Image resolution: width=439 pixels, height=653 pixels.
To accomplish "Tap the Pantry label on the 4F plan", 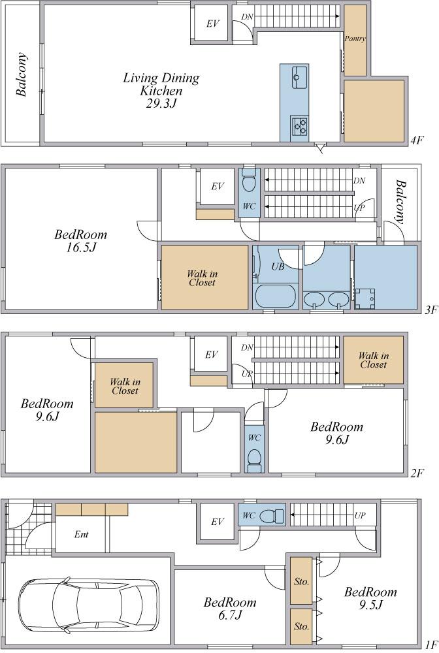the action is [355, 39].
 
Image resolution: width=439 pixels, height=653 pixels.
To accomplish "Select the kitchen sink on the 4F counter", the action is [299, 77].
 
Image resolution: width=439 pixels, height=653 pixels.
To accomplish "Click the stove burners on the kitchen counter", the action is [299, 126].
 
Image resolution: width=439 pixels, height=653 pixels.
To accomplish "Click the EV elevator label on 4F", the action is [212, 24].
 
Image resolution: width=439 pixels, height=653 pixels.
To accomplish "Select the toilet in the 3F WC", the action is [249, 180].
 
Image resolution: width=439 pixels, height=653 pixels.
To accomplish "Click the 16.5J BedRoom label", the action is [81, 241].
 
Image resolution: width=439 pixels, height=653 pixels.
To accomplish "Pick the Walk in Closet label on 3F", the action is [202, 278].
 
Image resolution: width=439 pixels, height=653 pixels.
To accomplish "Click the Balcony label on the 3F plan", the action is [400, 202].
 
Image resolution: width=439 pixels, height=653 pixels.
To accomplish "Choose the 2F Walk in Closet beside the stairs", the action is [374, 360].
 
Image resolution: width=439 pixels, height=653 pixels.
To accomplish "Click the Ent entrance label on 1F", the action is [81, 534].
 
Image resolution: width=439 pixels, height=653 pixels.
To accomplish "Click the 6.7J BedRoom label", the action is [230, 609].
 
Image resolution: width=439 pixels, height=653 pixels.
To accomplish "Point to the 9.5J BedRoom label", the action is [370, 598].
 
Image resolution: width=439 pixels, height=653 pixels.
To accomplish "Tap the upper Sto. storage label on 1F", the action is [301, 582].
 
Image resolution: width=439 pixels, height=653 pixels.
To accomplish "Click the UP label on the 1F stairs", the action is [360, 515].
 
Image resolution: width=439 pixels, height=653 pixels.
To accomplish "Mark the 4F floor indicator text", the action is [417, 140].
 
